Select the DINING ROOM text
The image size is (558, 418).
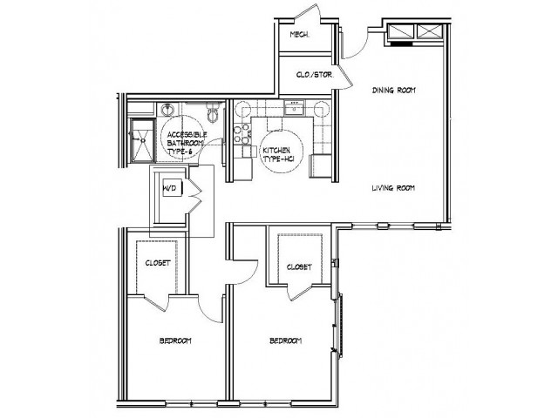point(391,88)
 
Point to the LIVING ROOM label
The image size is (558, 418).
point(392,187)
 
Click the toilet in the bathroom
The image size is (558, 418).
point(214,111)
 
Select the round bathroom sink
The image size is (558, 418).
point(167,111)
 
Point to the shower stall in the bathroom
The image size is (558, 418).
point(139,140)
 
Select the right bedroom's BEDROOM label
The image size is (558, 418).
point(286,340)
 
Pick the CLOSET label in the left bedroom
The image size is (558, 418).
point(157,262)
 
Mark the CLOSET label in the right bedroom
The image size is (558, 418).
point(299,267)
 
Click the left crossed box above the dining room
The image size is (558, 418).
point(402,31)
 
